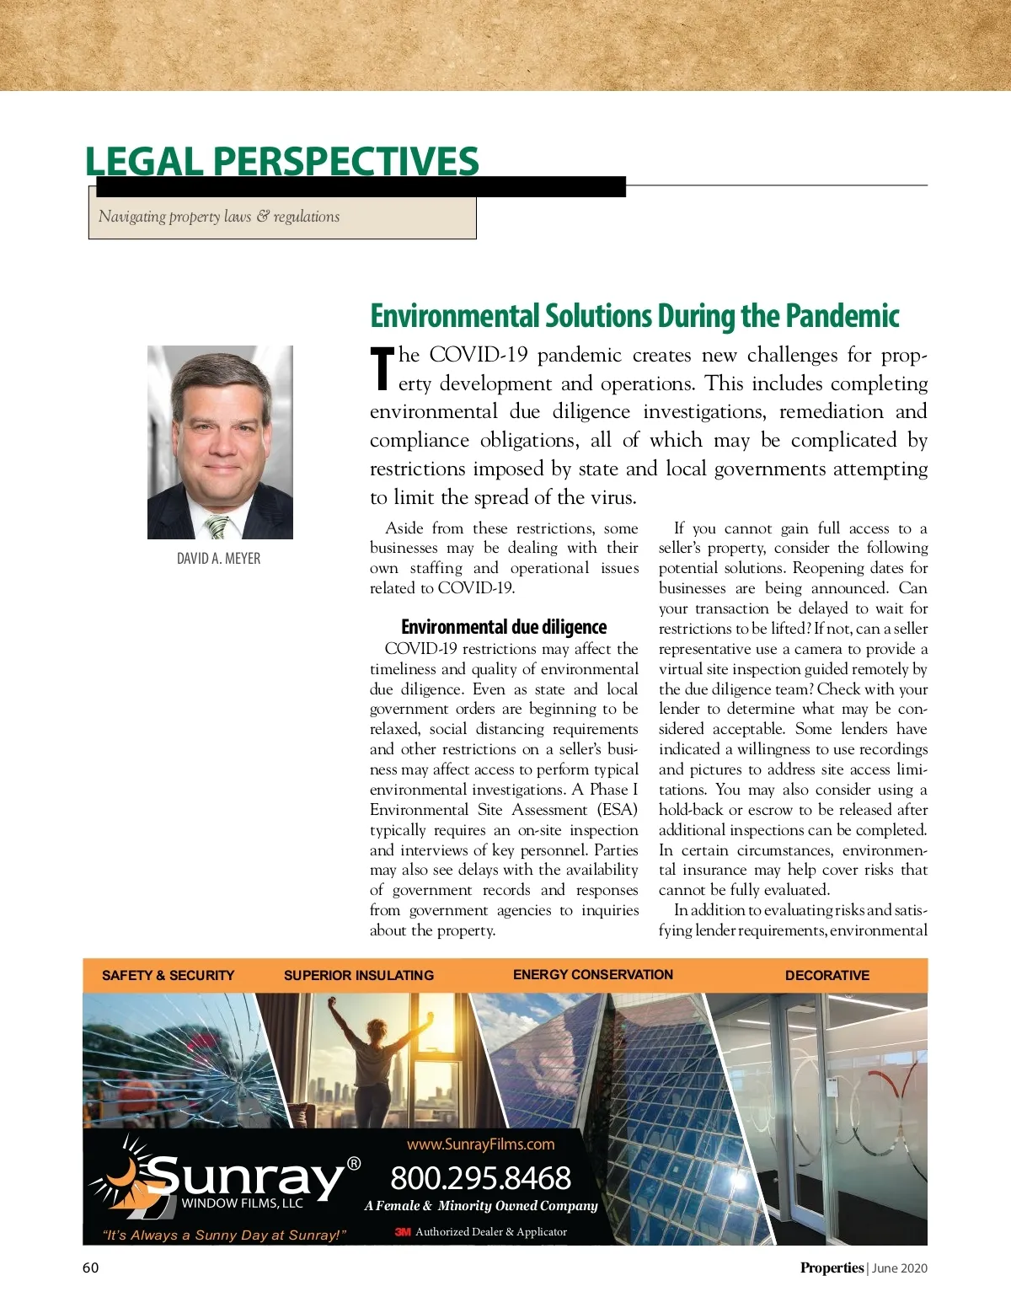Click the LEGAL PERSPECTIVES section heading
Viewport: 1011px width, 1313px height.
click(281, 161)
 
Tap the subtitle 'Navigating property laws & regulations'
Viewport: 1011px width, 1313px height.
click(219, 217)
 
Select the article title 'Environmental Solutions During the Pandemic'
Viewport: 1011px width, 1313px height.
click(634, 316)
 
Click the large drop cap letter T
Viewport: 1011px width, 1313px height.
click(382, 369)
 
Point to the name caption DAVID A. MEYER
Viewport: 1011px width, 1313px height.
click(218, 559)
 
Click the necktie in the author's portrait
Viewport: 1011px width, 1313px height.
click(217, 527)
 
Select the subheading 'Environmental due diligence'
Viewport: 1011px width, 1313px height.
click(504, 627)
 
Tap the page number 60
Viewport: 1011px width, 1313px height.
click(90, 1267)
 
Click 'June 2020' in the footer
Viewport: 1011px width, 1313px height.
click(900, 1268)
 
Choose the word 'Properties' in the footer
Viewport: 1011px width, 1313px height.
click(832, 1267)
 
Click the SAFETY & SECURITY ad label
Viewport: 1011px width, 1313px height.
click(168, 975)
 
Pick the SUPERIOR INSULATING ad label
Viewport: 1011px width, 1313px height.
click(359, 975)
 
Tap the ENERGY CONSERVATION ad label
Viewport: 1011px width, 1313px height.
click(593, 974)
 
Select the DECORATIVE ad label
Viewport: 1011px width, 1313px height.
click(827, 975)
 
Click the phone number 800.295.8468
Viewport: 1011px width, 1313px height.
click(480, 1177)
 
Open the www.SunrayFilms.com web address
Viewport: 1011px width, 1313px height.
click(480, 1144)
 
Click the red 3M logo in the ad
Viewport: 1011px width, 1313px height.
click(403, 1232)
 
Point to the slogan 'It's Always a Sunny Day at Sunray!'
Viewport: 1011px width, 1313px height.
click(224, 1235)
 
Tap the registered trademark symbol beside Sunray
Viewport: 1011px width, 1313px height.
click(354, 1164)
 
